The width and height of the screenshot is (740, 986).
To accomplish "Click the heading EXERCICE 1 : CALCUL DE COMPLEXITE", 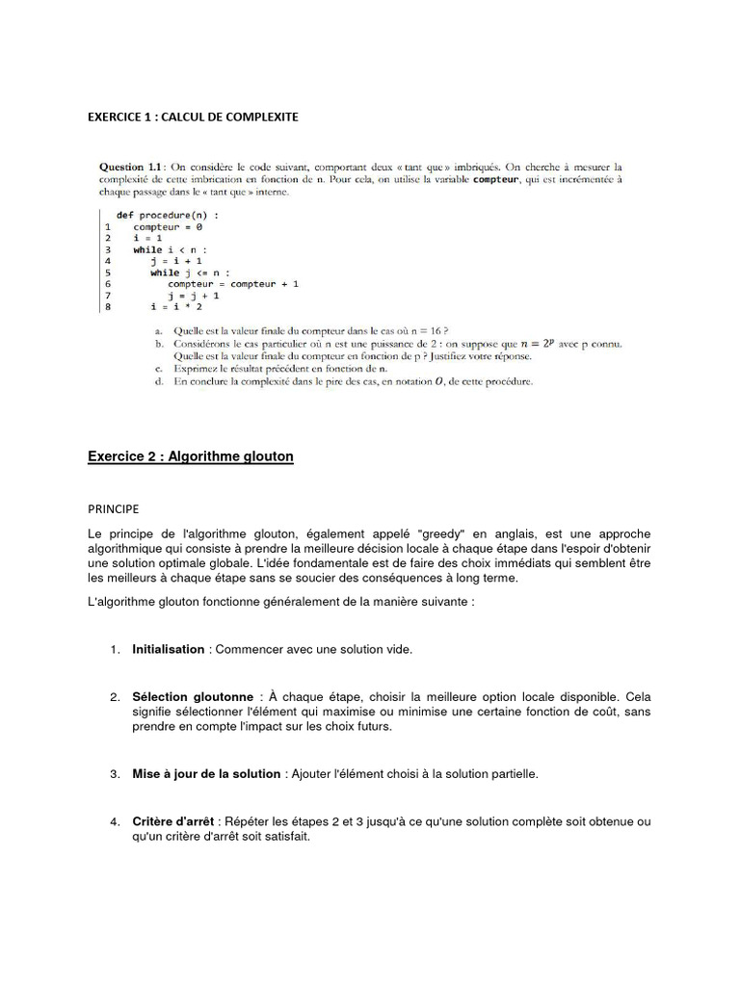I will (x=193, y=117).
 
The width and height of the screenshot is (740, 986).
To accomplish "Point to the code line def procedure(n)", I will (x=168, y=215).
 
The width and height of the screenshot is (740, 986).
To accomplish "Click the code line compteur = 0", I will (x=168, y=226).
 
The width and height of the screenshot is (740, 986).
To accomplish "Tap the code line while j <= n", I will (x=190, y=272).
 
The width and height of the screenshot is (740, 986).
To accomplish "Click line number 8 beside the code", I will (x=108, y=306).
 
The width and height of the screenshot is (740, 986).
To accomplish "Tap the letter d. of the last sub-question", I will (x=159, y=381).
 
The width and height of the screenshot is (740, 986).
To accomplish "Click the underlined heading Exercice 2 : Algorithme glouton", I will (x=190, y=456).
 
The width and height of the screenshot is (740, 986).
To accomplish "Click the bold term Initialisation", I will (x=169, y=649).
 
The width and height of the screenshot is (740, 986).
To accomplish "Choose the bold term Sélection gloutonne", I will (x=193, y=696).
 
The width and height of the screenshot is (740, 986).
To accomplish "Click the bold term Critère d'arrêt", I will (x=173, y=821).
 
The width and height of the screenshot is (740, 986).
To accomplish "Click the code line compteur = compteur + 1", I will (x=233, y=284).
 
